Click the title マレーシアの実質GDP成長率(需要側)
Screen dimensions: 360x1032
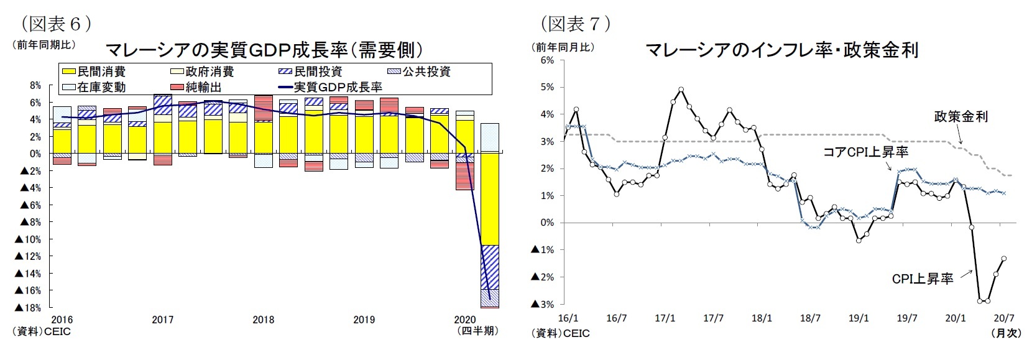[265, 50]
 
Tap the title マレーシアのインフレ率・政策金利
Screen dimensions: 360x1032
[781, 50]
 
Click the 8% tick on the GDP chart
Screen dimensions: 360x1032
[35, 85]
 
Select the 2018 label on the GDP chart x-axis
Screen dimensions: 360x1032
[264, 320]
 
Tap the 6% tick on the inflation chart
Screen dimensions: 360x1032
[547, 60]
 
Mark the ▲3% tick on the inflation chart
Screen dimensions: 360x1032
[542, 304]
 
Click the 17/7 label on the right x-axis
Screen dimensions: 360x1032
[713, 318]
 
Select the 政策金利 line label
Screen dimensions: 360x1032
[961, 116]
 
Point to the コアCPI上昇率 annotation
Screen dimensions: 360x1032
[865, 151]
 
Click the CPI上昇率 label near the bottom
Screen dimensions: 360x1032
[922, 279]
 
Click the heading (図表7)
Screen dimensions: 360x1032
[576, 24]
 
